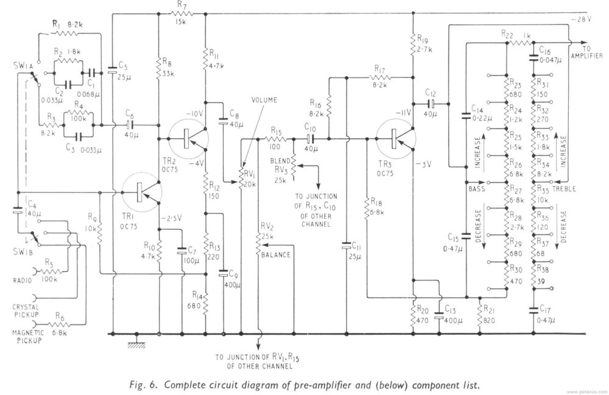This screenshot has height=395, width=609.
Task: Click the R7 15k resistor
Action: [181, 13]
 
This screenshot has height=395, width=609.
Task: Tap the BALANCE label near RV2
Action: [276, 255]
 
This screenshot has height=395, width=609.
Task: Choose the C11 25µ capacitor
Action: [347, 247]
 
